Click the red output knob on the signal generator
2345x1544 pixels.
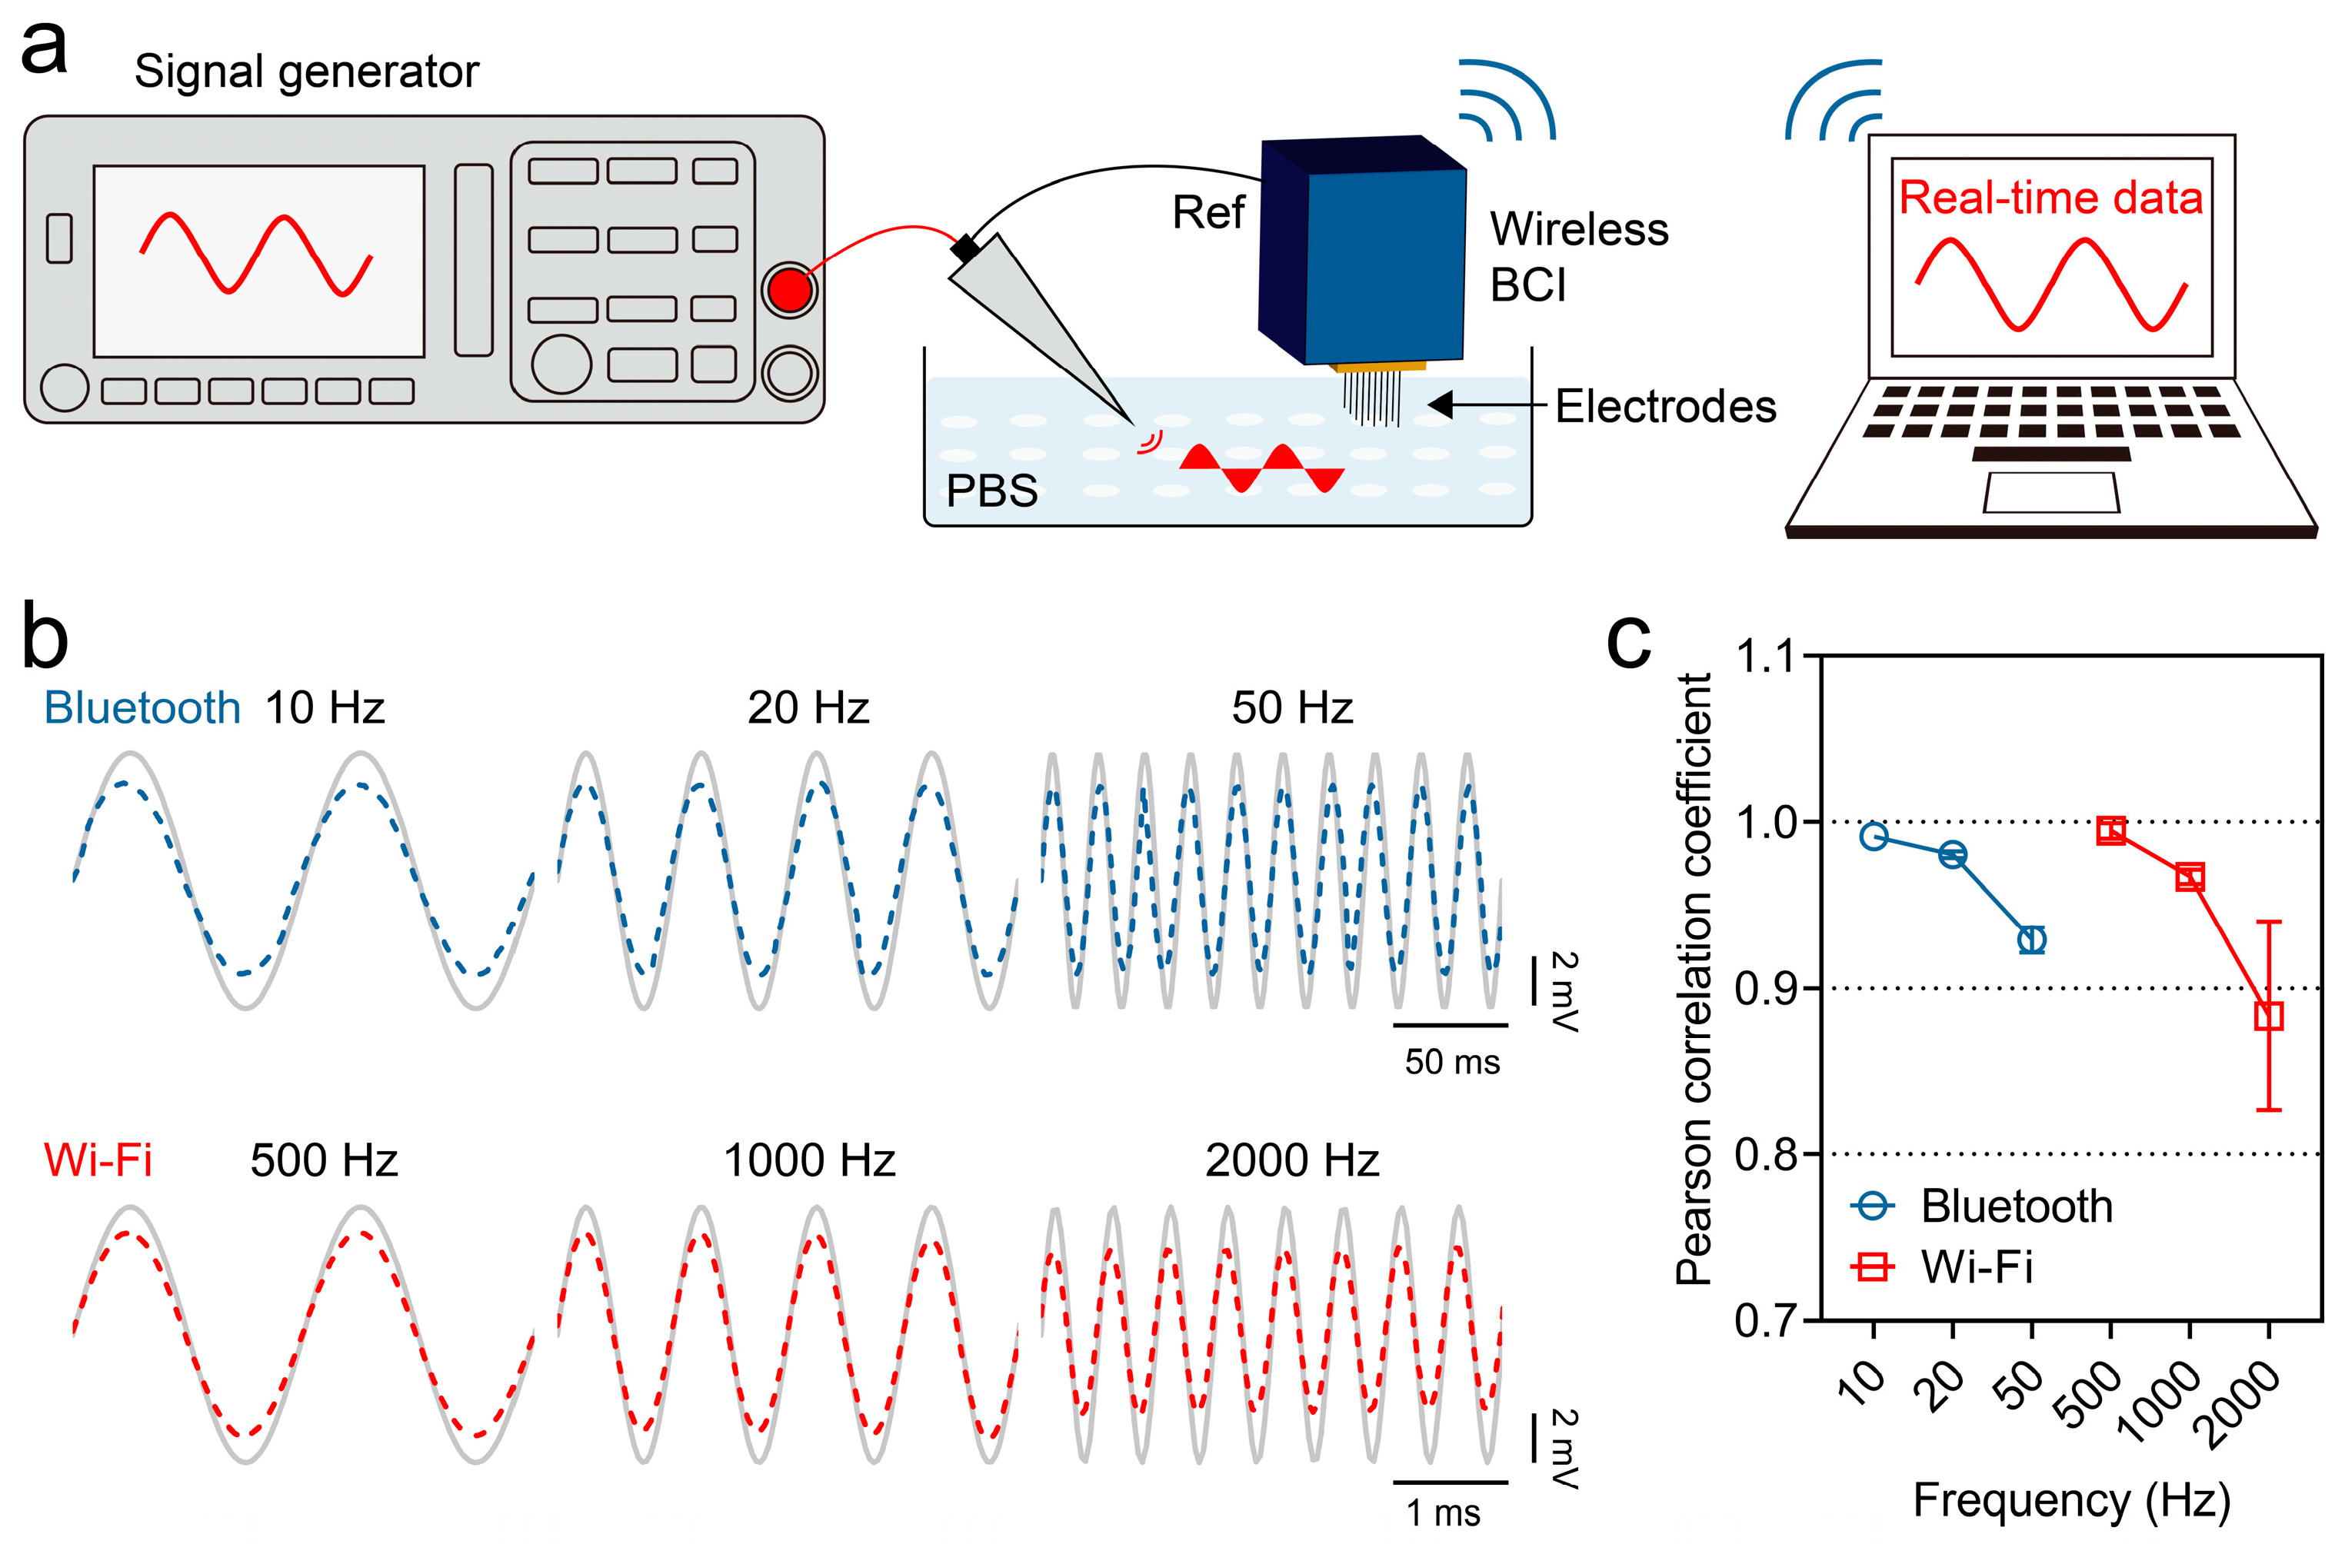click(x=789, y=290)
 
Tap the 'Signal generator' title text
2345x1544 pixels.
click(x=306, y=72)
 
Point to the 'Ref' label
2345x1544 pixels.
click(x=1208, y=213)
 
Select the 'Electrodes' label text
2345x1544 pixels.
click(x=1665, y=407)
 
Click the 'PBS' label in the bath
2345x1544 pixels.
click(x=991, y=491)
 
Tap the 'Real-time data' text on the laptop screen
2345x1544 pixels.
click(x=2050, y=198)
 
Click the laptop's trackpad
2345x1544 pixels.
click(x=2050, y=493)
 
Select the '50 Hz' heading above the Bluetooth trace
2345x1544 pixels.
click(x=1292, y=708)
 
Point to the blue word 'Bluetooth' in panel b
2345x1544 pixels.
click(x=143, y=708)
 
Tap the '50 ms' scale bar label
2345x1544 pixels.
click(x=1451, y=1062)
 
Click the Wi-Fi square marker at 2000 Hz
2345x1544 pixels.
click(x=2268, y=1016)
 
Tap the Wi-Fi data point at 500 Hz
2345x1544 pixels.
click(x=2110, y=830)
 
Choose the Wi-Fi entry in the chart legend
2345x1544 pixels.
click(x=1976, y=1267)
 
